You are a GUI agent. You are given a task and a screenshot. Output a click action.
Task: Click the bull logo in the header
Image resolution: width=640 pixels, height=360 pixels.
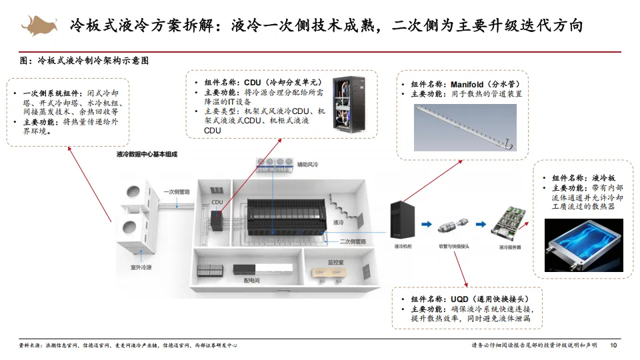(x=39, y=25)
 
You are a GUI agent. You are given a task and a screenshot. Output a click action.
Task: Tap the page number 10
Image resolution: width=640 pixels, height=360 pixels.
(x=613, y=345)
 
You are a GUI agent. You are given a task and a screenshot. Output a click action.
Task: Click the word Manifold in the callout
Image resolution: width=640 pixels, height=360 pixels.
(x=471, y=85)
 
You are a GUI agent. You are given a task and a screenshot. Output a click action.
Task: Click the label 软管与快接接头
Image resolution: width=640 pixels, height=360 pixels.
(x=455, y=247)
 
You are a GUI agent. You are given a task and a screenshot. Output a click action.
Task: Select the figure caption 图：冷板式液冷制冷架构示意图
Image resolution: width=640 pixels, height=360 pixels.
(x=85, y=61)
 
